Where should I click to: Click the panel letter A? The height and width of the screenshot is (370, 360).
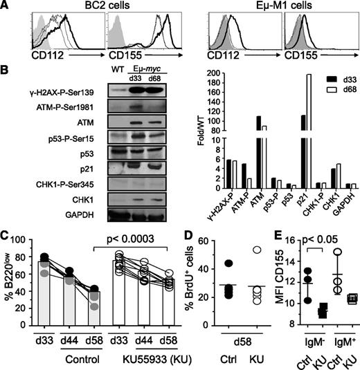pyautogui.click(x=6, y=7)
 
